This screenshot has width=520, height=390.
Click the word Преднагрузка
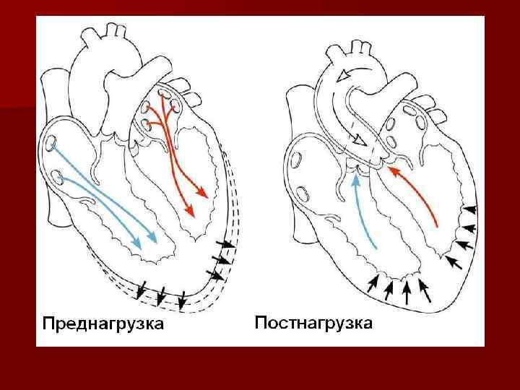[102, 323]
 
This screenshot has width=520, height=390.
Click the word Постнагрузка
[313, 322]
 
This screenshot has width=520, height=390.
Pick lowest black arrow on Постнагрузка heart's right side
[453, 259]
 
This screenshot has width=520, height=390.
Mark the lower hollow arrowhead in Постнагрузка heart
[356, 139]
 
